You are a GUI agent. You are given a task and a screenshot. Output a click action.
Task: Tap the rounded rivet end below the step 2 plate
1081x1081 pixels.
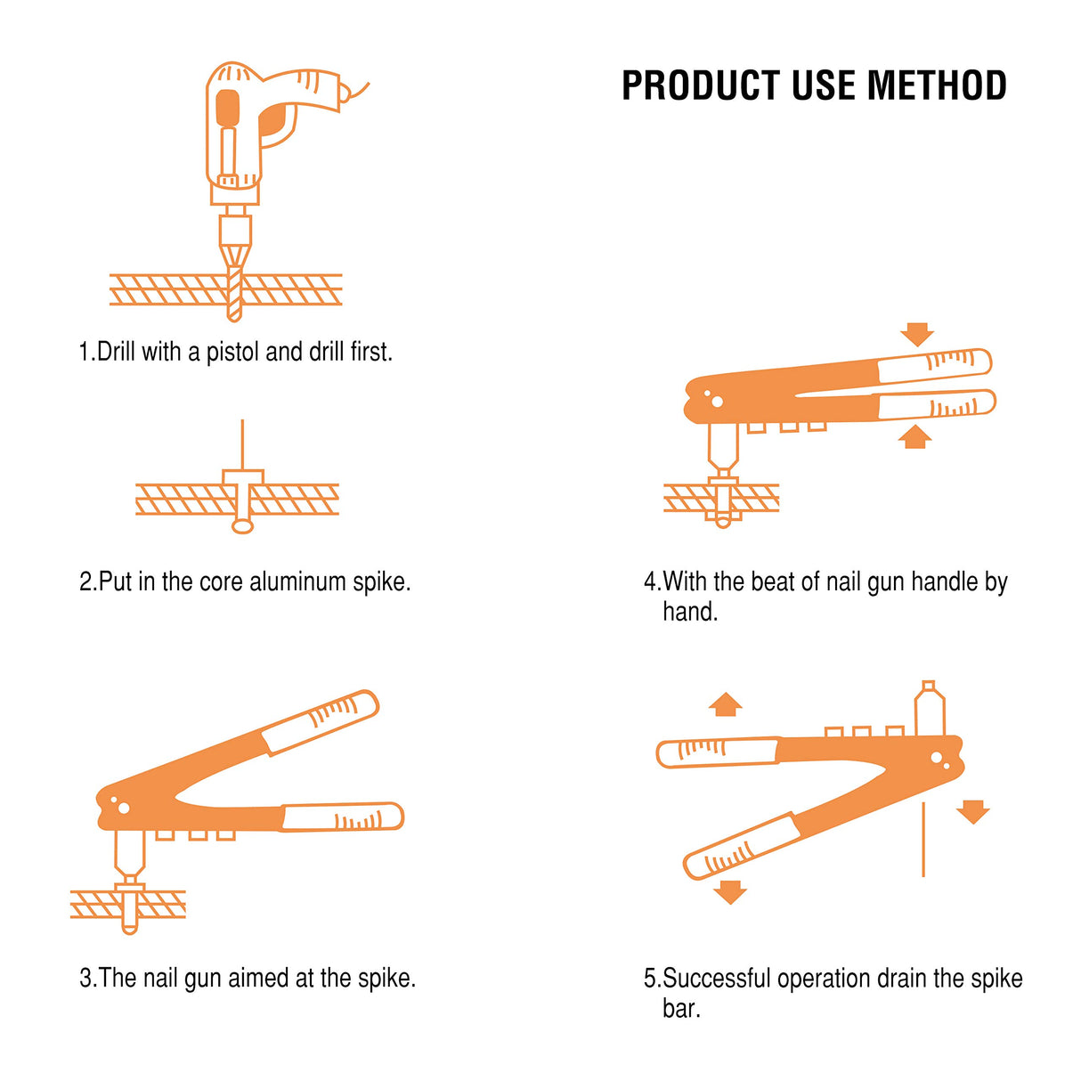tap(242, 526)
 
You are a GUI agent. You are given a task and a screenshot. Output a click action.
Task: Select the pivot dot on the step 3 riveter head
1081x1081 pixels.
tap(124, 809)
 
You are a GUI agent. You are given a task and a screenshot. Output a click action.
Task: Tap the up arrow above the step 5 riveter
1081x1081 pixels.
tap(726, 704)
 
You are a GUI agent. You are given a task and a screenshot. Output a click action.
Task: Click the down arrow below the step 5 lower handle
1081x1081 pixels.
tap(730, 891)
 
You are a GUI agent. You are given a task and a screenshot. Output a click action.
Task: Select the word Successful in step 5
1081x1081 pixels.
tap(717, 979)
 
